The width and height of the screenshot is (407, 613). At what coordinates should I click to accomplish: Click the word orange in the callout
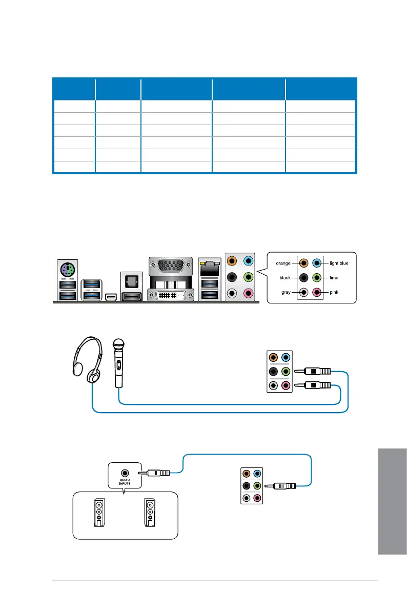[x=283, y=263]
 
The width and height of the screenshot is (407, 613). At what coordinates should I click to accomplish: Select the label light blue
[x=339, y=263]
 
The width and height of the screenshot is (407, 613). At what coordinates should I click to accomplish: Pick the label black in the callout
[x=285, y=277]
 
